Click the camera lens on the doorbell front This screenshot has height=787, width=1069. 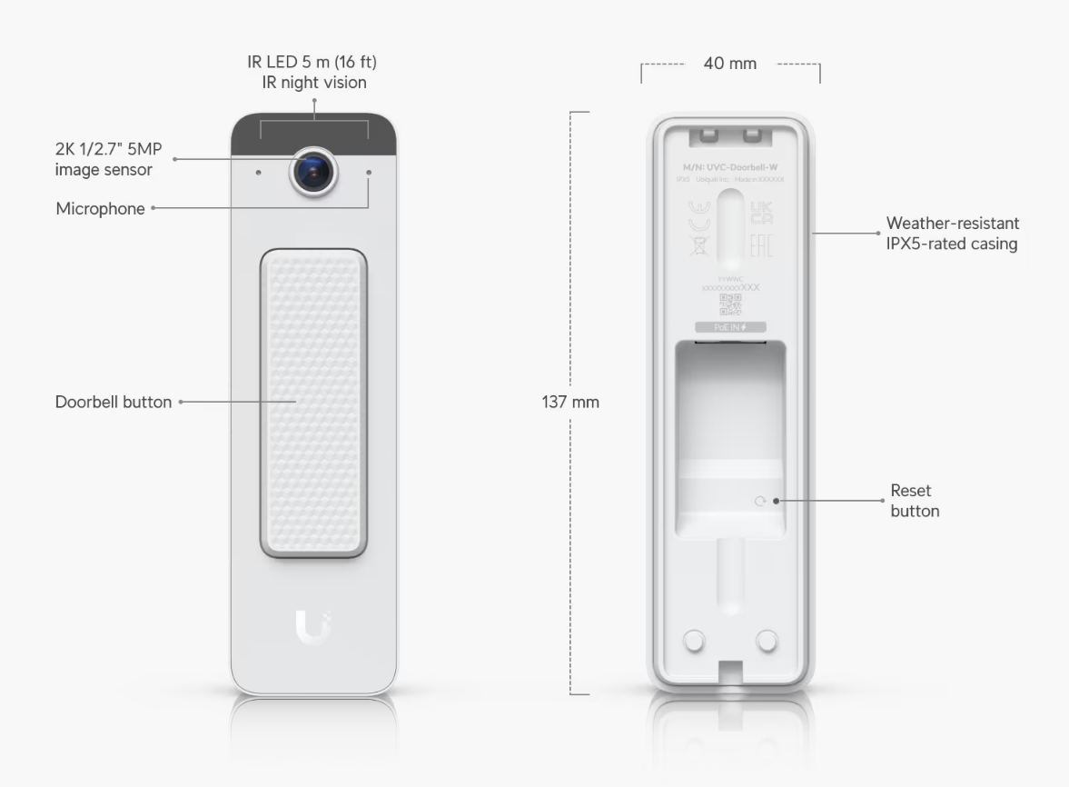313,170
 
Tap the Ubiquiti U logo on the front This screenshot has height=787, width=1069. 313,628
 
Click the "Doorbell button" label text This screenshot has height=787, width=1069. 114,402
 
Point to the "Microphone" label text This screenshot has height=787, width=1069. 100,209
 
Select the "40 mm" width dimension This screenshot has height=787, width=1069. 729,64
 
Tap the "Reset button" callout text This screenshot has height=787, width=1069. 915,501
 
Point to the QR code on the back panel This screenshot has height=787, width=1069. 730,306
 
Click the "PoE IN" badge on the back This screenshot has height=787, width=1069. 730,326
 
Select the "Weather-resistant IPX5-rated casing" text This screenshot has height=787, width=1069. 951,233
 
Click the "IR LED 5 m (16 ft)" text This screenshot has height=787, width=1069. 312,63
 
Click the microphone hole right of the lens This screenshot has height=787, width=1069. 369,172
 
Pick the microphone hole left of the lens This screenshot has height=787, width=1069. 259,172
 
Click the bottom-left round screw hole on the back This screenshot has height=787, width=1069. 693,641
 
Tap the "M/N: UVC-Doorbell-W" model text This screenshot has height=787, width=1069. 730,168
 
